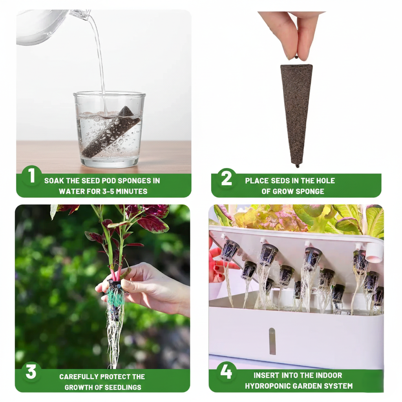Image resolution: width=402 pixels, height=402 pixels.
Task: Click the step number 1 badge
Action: point(31,176)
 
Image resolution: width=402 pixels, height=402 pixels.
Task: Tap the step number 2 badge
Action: point(227,178)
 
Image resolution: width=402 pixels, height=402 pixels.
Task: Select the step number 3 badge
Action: point(31,372)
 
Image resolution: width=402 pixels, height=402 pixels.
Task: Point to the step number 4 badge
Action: point(226,372)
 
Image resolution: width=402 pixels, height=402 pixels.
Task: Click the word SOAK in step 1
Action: point(54,181)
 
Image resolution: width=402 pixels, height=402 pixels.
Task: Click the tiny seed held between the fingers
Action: point(296,57)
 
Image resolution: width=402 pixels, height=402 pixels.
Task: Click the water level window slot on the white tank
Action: point(272,341)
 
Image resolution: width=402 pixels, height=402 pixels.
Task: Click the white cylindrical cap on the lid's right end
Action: point(374,253)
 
